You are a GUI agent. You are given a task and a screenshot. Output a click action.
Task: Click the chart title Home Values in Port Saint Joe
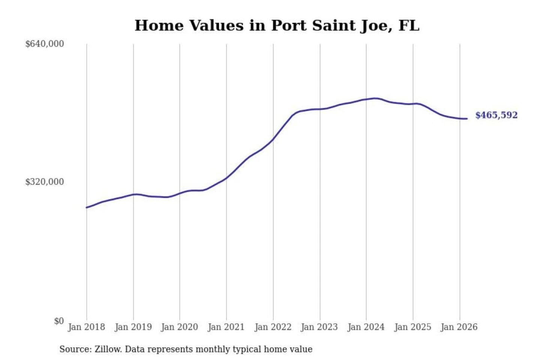point(277,25)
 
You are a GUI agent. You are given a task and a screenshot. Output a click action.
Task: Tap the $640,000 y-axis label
point(45,44)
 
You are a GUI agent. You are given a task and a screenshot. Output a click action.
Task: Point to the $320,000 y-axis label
point(45,182)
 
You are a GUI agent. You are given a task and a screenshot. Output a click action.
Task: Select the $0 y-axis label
point(59,321)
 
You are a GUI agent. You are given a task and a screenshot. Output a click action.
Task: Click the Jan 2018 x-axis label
point(86,327)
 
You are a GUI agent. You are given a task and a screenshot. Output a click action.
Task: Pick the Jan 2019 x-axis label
point(133,327)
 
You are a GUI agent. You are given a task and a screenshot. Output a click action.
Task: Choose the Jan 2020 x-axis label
point(179,327)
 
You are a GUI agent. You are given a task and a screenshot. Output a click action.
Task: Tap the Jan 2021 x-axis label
point(226,327)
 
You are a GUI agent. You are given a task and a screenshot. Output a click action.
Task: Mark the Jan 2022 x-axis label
point(273,327)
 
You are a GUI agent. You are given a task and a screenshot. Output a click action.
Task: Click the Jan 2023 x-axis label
point(319,327)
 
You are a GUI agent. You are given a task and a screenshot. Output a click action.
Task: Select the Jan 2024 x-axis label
point(366,327)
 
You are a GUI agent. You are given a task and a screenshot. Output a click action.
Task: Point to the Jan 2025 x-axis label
point(413,327)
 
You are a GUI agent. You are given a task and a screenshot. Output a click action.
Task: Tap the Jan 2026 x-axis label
point(459,327)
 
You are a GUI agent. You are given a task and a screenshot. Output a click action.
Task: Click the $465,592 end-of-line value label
point(496,115)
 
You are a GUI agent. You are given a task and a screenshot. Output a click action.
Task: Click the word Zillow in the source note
point(108,349)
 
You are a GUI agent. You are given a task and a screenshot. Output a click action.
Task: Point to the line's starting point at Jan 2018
point(87,207)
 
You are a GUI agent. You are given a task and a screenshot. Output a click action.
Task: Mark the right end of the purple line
point(467,118)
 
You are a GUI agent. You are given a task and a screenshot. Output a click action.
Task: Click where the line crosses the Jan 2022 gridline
point(273,139)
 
